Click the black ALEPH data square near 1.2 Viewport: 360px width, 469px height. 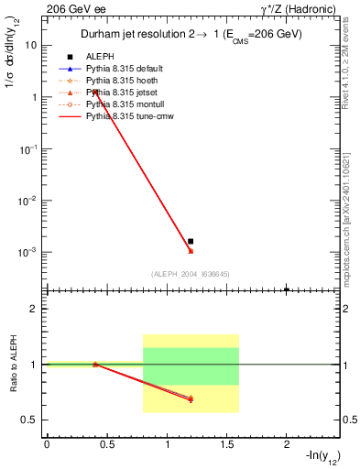pyautogui.click(x=191, y=241)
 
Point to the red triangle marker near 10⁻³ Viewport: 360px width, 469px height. pyautogui.click(x=191, y=250)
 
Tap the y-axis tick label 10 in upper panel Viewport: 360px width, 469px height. pyautogui.click(x=31, y=45)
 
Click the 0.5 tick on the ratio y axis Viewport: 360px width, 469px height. pyautogui.click(x=29, y=420)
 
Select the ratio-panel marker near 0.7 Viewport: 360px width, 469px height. pyautogui.click(x=191, y=398)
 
